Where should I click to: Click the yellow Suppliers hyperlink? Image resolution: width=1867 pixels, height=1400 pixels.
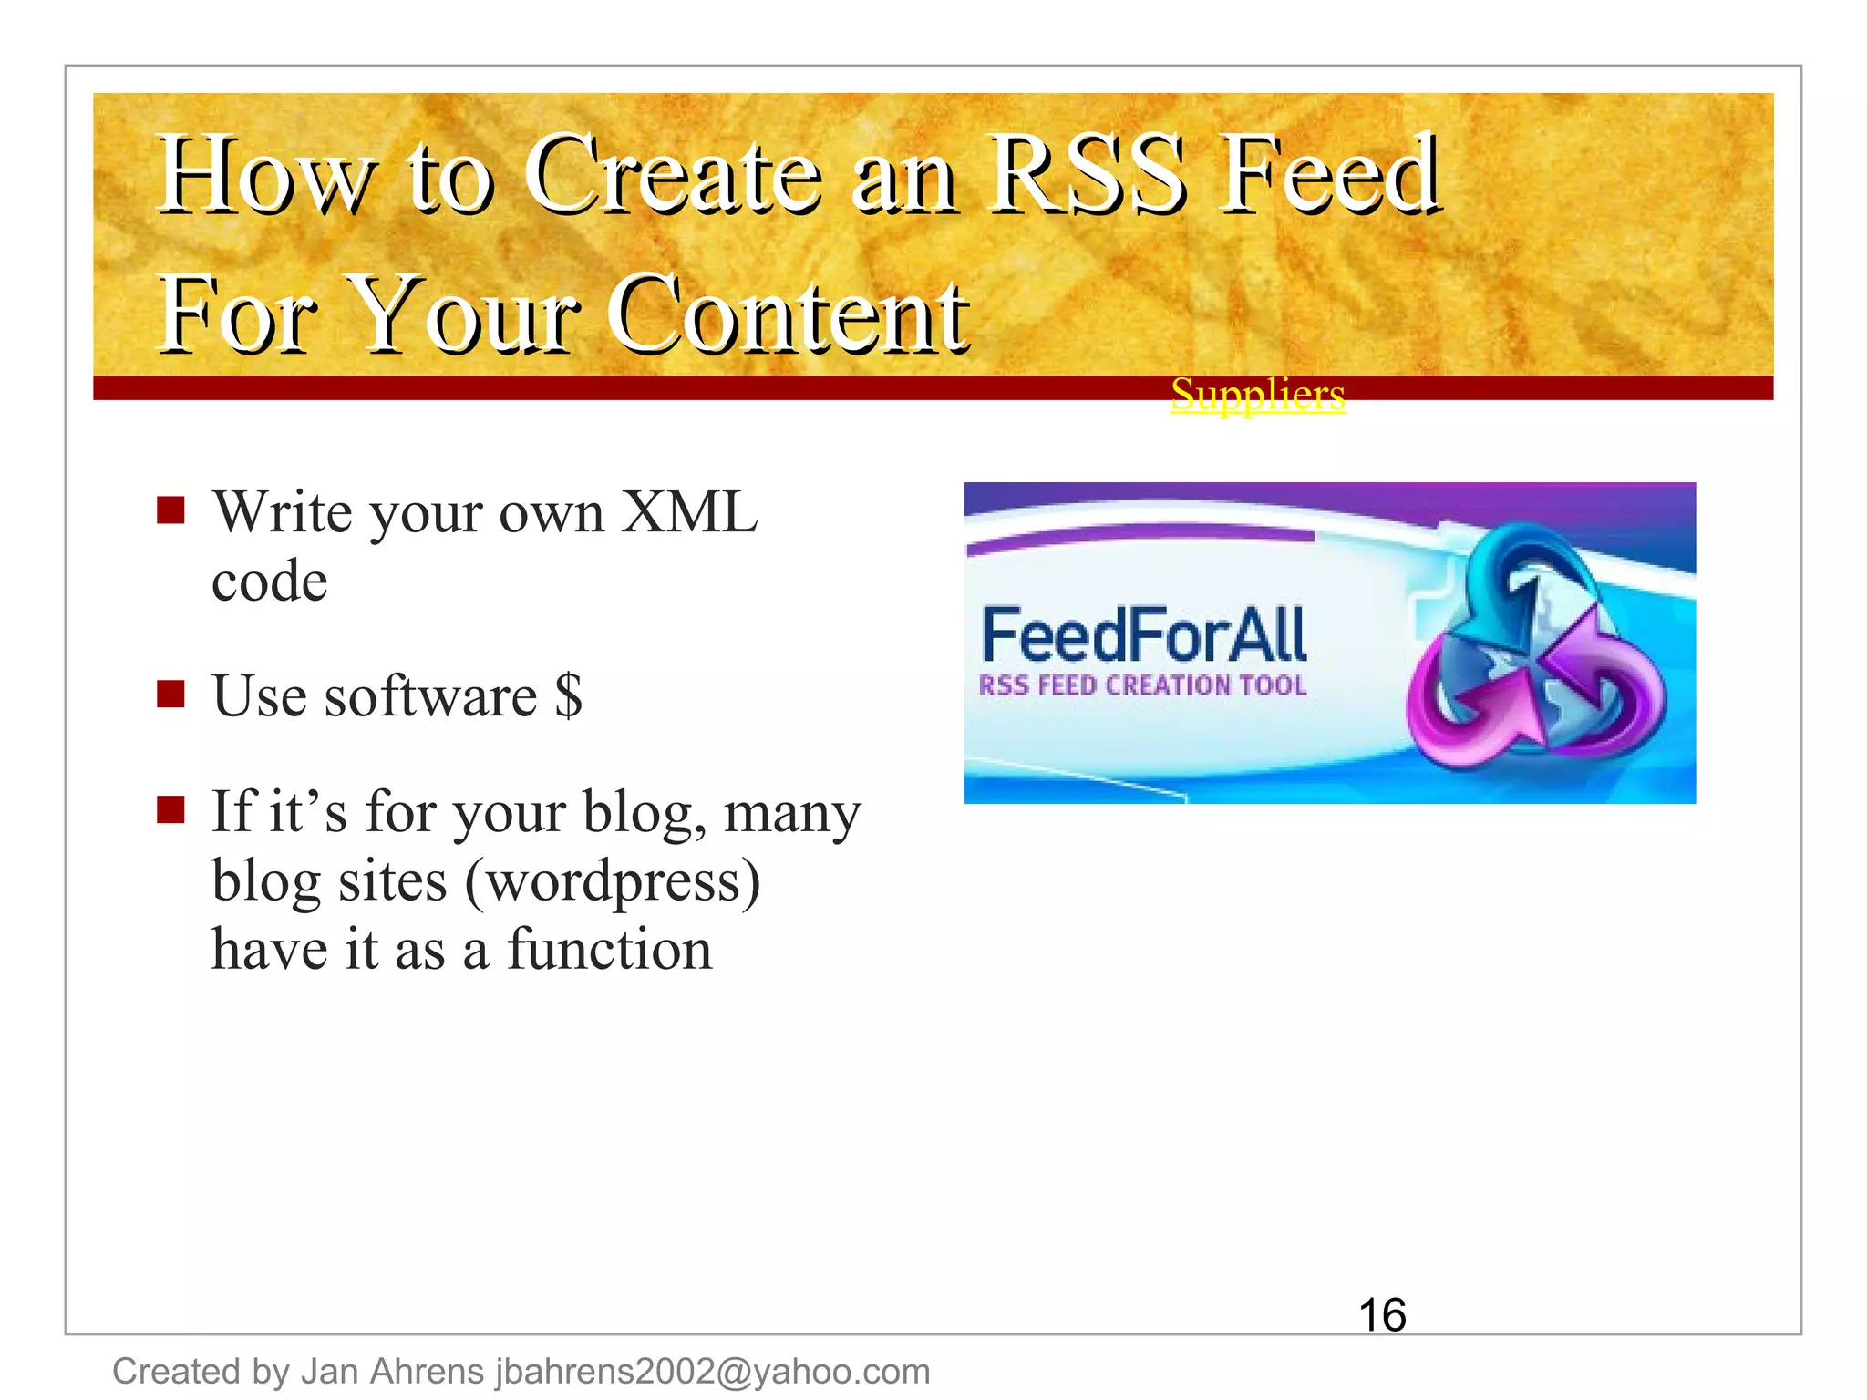click(1257, 395)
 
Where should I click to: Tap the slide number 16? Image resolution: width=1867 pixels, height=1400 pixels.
click(1381, 1315)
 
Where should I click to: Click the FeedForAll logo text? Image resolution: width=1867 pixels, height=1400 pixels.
click(1143, 635)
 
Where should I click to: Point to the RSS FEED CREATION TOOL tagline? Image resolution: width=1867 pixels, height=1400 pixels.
click(1141, 685)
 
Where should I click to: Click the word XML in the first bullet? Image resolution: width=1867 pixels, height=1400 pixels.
click(688, 512)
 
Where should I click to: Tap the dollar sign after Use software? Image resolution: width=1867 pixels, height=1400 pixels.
click(568, 696)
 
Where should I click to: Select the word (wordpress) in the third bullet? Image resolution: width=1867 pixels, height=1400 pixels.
click(612, 882)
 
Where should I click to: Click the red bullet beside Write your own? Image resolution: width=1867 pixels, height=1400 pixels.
click(170, 510)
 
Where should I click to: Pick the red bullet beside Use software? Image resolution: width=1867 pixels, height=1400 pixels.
click(170, 695)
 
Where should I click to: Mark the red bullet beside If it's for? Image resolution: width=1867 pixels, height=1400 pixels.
click(170, 809)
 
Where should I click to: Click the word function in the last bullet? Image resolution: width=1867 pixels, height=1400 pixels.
click(609, 950)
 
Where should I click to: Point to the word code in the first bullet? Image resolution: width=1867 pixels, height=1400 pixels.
click(269, 582)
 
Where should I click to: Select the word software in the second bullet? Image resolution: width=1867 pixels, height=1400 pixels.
click(430, 696)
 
